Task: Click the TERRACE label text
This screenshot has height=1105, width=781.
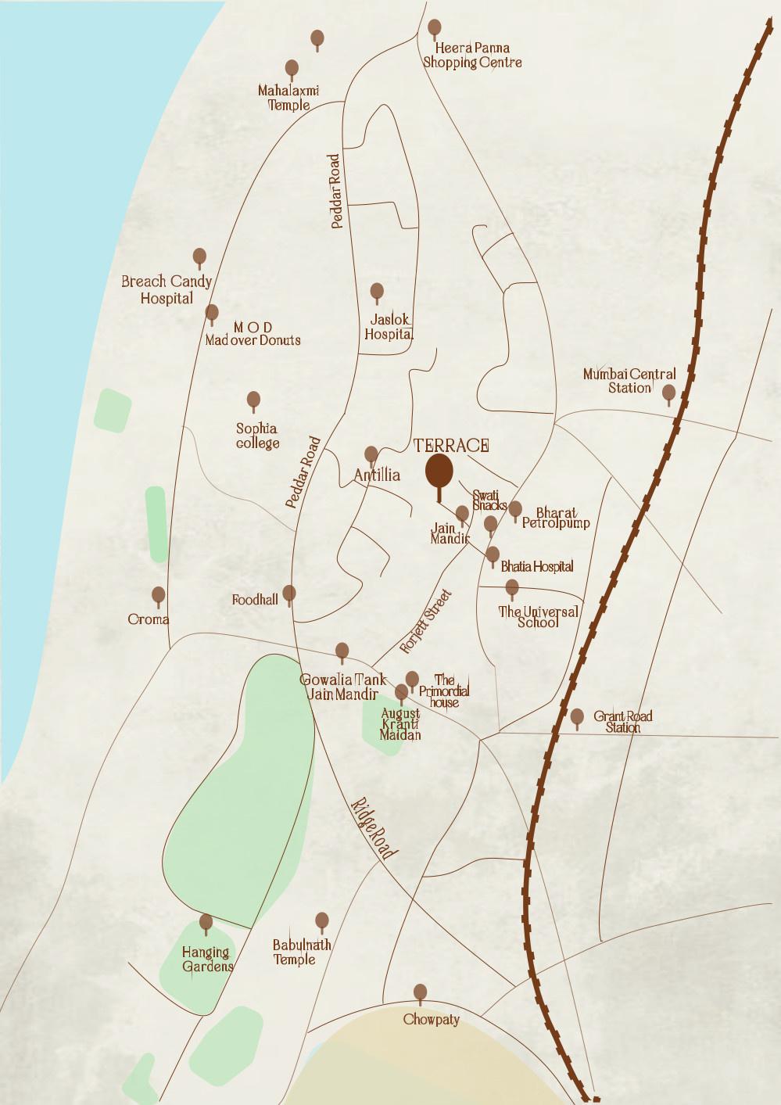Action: click(451, 446)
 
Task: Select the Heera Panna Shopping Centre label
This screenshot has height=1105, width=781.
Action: click(472, 56)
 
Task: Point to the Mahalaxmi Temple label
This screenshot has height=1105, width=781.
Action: click(288, 98)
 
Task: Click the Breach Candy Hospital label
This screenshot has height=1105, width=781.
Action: click(167, 289)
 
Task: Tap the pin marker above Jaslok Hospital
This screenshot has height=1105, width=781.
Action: click(377, 292)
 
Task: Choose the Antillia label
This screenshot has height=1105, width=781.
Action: click(377, 475)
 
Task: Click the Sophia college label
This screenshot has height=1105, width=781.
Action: click(257, 436)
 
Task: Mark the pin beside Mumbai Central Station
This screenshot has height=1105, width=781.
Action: click(668, 393)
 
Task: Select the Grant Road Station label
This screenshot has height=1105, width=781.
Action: click(622, 721)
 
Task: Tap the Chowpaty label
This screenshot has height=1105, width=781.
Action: click(431, 1019)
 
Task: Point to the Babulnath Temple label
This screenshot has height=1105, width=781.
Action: click(301, 952)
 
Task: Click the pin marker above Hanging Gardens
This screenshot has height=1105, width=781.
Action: click(206, 923)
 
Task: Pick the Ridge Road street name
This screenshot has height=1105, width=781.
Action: click(374, 829)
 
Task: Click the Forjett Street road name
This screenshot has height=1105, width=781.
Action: click(426, 622)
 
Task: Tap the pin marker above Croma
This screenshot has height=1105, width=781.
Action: click(159, 596)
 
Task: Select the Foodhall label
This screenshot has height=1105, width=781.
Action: click(255, 600)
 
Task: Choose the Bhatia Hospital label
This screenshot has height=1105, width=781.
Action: click(537, 566)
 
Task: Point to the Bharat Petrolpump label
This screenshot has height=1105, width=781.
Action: click(556, 518)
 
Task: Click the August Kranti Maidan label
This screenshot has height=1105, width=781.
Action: click(400, 724)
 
